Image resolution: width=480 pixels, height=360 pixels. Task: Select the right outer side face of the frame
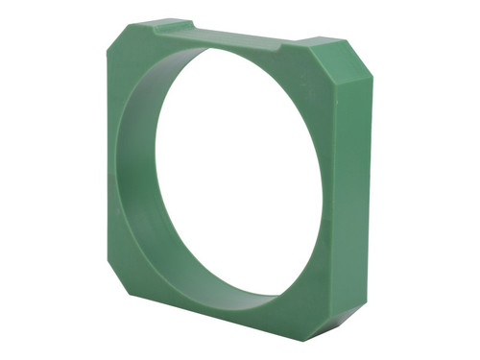coord(357,192)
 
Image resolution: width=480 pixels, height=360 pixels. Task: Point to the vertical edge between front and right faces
coord(343,192)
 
